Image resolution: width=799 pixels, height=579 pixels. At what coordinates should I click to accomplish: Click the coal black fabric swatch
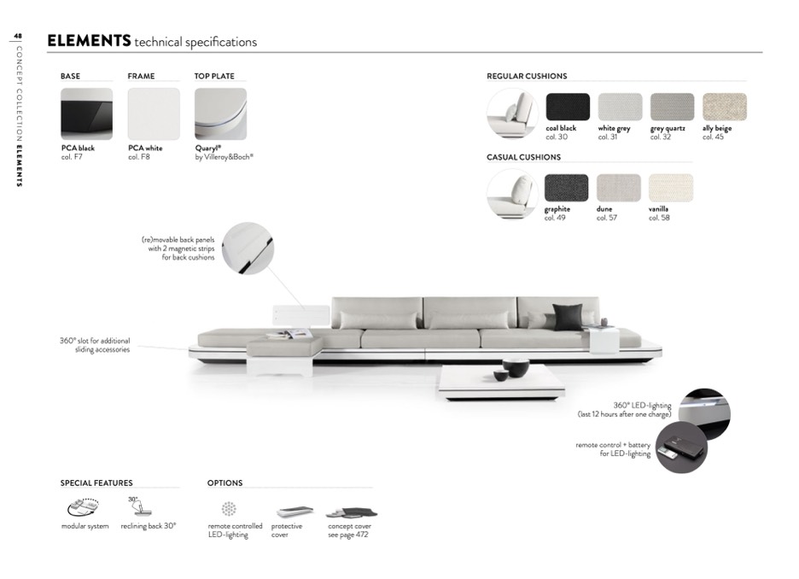coord(568,107)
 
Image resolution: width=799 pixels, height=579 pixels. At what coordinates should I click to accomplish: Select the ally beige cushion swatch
coord(724,107)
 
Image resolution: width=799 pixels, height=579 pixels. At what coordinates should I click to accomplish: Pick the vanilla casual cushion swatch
coord(671,188)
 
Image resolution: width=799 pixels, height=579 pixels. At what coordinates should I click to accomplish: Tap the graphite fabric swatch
coord(566,188)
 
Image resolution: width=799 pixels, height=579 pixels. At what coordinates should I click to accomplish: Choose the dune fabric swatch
coord(619,188)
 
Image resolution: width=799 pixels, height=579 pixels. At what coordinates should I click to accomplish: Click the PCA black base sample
coord(86,114)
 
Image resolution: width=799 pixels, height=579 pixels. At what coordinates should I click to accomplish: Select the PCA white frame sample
coord(154,114)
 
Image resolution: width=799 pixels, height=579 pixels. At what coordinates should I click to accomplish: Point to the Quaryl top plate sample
coord(220,114)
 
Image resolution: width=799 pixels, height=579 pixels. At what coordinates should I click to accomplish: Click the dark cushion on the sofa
coord(568,317)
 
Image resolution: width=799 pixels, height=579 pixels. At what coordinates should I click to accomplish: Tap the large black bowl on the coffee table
coord(516,367)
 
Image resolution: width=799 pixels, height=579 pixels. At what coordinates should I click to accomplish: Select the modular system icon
coord(84,506)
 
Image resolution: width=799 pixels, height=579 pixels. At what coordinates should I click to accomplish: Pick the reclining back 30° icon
coord(140,506)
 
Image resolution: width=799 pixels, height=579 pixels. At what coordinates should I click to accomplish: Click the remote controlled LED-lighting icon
coord(229,509)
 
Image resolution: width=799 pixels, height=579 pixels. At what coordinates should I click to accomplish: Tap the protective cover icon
coord(295,512)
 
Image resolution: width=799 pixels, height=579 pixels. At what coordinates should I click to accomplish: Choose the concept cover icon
coord(352,512)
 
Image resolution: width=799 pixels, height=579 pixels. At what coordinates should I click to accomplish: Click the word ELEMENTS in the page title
coord(89,40)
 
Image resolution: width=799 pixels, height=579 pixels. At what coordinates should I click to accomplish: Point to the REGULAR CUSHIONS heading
coord(527,76)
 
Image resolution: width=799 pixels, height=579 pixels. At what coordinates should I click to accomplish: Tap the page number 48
coord(18,36)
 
